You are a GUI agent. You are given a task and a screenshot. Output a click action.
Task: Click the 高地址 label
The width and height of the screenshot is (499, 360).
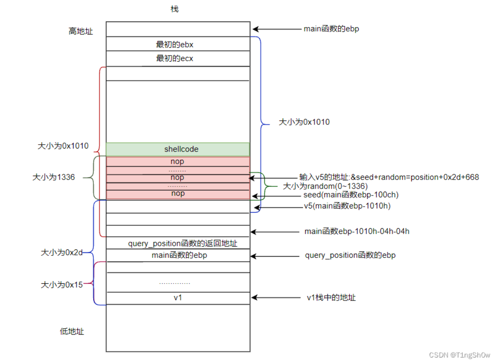click(x=81, y=31)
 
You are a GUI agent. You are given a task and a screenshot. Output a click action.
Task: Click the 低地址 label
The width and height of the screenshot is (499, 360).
click(x=72, y=332)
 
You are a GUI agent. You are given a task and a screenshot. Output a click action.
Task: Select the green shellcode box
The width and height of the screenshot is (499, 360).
click(x=177, y=149)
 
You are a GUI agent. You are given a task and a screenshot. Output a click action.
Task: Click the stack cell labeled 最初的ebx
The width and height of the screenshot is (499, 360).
click(x=177, y=44)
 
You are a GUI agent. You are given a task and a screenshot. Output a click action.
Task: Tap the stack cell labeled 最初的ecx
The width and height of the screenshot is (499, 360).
click(x=177, y=59)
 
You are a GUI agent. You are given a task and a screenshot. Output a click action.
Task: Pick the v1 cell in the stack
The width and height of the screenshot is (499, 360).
click(x=177, y=298)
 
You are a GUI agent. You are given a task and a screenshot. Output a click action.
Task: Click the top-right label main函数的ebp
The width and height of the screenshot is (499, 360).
click(x=332, y=29)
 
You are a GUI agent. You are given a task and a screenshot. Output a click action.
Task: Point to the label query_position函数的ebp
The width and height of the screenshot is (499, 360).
click(x=350, y=255)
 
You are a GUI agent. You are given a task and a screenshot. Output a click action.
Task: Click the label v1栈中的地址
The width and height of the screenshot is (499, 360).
click(x=331, y=298)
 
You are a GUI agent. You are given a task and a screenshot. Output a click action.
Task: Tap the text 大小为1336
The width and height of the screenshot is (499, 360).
click(x=53, y=177)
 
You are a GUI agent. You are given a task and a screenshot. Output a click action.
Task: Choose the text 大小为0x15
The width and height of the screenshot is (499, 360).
click(x=62, y=285)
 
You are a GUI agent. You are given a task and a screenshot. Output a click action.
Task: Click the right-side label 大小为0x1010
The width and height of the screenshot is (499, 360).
click(x=304, y=122)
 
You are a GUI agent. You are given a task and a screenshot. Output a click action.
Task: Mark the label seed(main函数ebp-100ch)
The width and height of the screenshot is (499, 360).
click(x=351, y=195)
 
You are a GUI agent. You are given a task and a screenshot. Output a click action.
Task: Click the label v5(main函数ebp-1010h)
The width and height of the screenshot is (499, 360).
click(x=347, y=206)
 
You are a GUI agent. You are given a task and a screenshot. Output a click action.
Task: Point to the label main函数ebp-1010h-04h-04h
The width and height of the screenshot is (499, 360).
click(x=357, y=232)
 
